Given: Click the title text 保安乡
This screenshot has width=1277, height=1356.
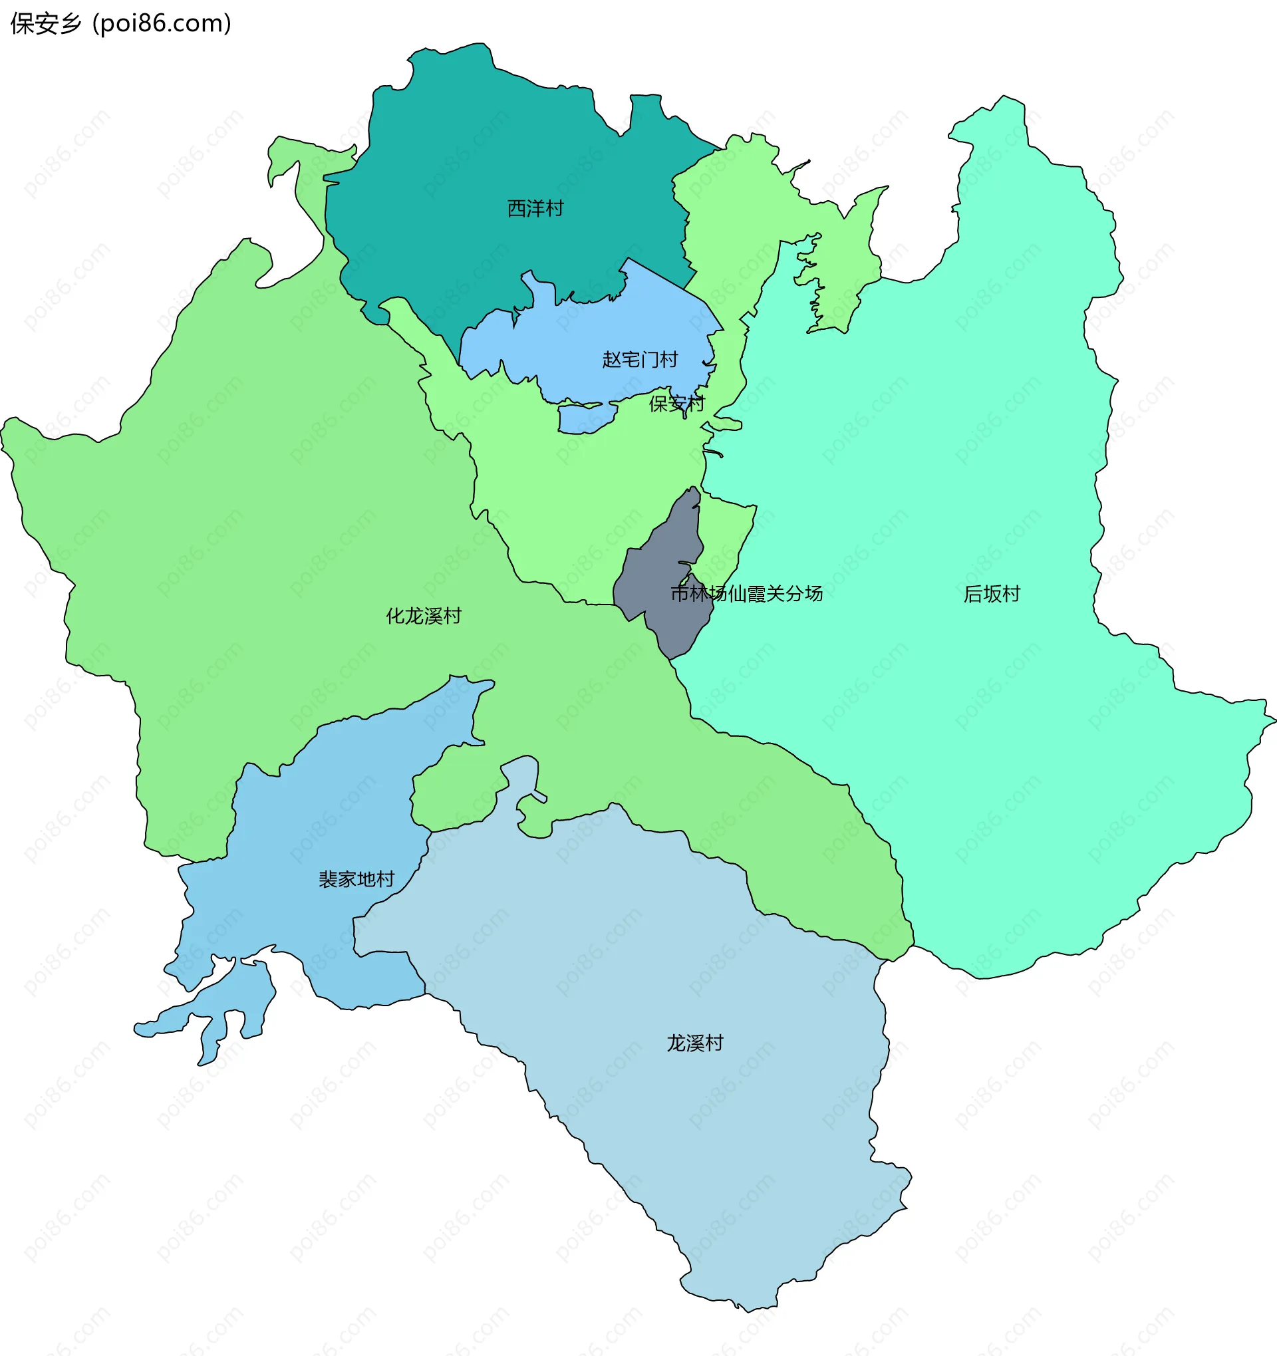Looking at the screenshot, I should tap(46, 24).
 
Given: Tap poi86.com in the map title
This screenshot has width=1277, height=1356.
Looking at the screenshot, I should tap(162, 24).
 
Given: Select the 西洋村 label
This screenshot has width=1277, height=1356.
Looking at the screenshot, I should tap(535, 209).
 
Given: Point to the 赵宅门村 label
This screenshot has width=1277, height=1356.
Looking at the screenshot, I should tap(640, 360).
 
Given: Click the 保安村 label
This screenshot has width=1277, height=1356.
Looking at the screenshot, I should tap(676, 404).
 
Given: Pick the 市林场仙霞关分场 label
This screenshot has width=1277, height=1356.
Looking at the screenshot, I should tap(746, 593).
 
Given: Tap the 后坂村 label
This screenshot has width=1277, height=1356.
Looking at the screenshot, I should tap(992, 594).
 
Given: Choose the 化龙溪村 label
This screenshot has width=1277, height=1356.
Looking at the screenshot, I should tap(424, 616).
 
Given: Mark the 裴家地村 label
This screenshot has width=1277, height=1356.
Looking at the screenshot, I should tap(356, 879).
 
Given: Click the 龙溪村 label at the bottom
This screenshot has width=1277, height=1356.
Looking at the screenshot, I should tap(694, 1043).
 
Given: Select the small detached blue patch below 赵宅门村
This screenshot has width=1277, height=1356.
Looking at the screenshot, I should tap(585, 418).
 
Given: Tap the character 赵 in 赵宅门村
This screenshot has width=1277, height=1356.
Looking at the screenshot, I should tap(611, 360).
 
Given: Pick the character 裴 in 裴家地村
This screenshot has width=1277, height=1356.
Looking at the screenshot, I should tap(328, 879).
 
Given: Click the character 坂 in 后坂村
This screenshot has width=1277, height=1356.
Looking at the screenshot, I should tap(992, 594).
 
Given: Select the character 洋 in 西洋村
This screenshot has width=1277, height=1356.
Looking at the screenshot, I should tap(535, 209).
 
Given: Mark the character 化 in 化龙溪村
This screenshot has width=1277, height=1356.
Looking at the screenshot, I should tap(396, 616).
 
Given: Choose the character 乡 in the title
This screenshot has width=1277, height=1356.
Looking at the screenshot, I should tap(71, 24).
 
